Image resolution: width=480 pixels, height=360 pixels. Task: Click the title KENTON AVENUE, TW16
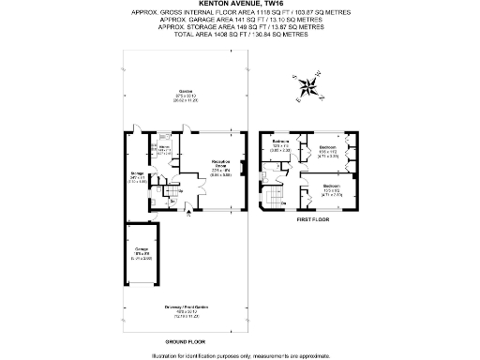click(240, 4)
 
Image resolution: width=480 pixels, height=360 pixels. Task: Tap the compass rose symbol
click(307, 88)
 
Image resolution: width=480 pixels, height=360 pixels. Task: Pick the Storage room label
click(137, 177)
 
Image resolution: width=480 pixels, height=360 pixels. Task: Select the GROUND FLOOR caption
click(186, 341)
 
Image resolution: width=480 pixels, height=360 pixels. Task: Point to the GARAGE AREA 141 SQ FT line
click(240, 19)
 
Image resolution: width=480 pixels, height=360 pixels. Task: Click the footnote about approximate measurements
click(240, 355)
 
